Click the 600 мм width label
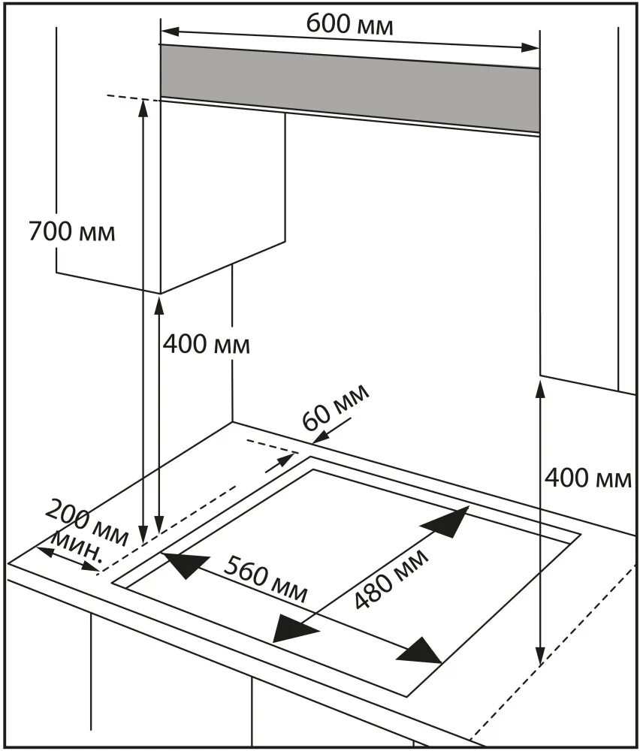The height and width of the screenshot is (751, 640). click(x=349, y=24)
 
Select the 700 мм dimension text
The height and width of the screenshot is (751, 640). click(x=72, y=231)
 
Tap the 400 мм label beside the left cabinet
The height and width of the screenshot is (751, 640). click(x=206, y=345)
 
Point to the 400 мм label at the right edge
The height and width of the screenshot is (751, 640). click(x=588, y=477)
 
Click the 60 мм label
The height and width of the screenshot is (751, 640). click(x=336, y=407)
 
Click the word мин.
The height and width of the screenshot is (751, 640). click(x=77, y=546)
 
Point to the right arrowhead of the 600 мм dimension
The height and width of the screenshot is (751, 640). click(x=532, y=48)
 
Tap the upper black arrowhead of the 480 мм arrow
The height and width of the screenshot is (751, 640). click(x=452, y=521)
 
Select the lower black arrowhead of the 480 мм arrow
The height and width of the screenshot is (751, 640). click(x=290, y=626)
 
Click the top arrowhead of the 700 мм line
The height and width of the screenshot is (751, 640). click(x=143, y=107)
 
